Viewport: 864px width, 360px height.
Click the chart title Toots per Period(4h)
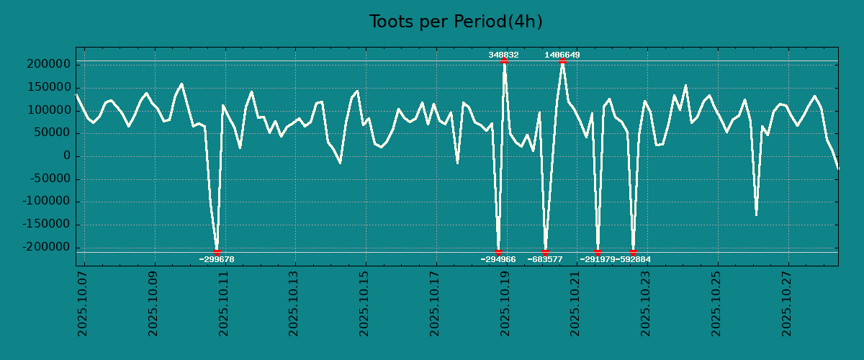456,22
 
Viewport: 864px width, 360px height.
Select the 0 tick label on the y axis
66,156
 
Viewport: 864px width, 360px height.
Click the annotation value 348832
503,55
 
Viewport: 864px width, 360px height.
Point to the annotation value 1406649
562,55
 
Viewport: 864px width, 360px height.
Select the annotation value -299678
217,259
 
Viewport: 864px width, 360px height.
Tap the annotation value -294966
498,259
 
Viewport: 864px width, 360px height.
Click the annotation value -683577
545,259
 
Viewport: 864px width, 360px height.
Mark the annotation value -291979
597,259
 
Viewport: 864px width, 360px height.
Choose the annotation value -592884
634,259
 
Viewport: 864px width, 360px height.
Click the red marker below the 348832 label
504,61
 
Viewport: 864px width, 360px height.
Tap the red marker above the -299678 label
217,252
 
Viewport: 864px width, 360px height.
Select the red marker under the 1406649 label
562,61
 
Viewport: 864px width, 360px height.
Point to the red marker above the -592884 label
633,252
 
